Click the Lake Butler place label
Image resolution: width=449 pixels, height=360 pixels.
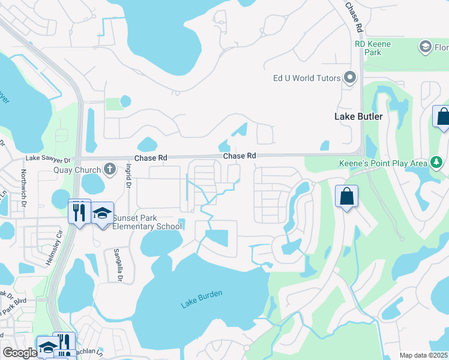click(358, 116)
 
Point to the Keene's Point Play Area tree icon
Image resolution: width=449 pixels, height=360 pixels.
click(437, 162)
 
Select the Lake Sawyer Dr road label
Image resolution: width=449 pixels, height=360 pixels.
click(48, 160)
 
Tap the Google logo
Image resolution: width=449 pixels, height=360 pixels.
click(20, 353)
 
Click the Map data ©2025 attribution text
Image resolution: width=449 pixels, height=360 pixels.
click(423, 355)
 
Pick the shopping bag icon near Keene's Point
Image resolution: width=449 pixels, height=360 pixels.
click(347, 197)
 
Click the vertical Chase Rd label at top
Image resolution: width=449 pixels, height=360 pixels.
click(354, 17)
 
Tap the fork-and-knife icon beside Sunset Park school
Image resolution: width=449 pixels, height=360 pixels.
click(79, 212)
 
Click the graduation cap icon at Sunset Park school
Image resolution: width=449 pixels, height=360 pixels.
click(103, 214)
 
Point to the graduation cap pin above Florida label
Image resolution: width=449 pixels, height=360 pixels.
click(426, 47)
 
